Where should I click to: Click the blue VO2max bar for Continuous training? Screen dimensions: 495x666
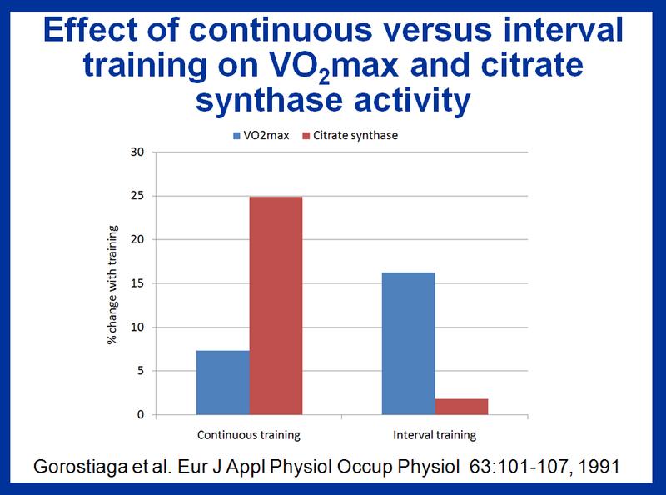pyautogui.click(x=222, y=382)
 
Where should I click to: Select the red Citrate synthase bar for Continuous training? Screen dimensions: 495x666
pyautogui.click(x=276, y=306)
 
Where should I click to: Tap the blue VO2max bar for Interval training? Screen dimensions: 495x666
pyautogui.click(x=408, y=343)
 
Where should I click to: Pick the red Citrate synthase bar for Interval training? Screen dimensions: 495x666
pyautogui.click(x=461, y=407)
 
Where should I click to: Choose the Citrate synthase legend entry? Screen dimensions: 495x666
pyautogui.click(x=354, y=135)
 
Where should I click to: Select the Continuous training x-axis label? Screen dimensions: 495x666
pyautogui.click(x=249, y=435)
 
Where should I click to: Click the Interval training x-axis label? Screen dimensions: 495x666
pyautogui.click(x=435, y=435)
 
